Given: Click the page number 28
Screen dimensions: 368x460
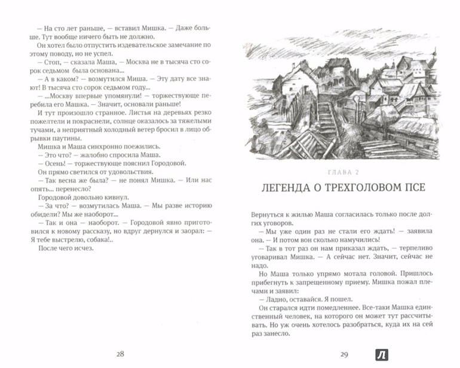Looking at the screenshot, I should click(x=120, y=353).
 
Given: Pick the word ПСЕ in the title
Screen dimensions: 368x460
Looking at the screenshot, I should click(x=413, y=187).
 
